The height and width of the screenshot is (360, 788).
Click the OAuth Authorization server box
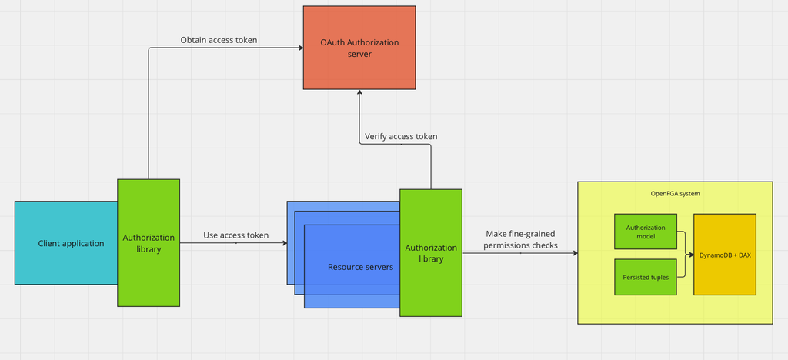point(359,48)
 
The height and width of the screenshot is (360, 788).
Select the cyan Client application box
point(66,243)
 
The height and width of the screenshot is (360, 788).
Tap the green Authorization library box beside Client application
point(149,243)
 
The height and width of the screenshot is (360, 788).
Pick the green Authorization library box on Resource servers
point(431,252)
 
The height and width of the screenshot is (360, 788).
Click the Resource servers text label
point(361,267)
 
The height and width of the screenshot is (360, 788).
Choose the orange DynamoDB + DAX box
point(724,254)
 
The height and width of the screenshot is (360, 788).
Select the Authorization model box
point(645,232)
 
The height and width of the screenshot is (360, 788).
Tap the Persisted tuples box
point(645,277)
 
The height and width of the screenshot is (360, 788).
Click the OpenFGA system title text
point(673,194)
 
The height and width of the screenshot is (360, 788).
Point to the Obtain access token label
point(219,40)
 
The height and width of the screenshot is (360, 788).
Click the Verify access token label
point(401,136)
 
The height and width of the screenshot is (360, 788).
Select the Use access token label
point(235,235)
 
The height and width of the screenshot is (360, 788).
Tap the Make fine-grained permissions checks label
point(521,239)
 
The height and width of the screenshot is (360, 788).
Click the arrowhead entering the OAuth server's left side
point(300,48)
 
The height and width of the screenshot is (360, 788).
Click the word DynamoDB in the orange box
point(713,255)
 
